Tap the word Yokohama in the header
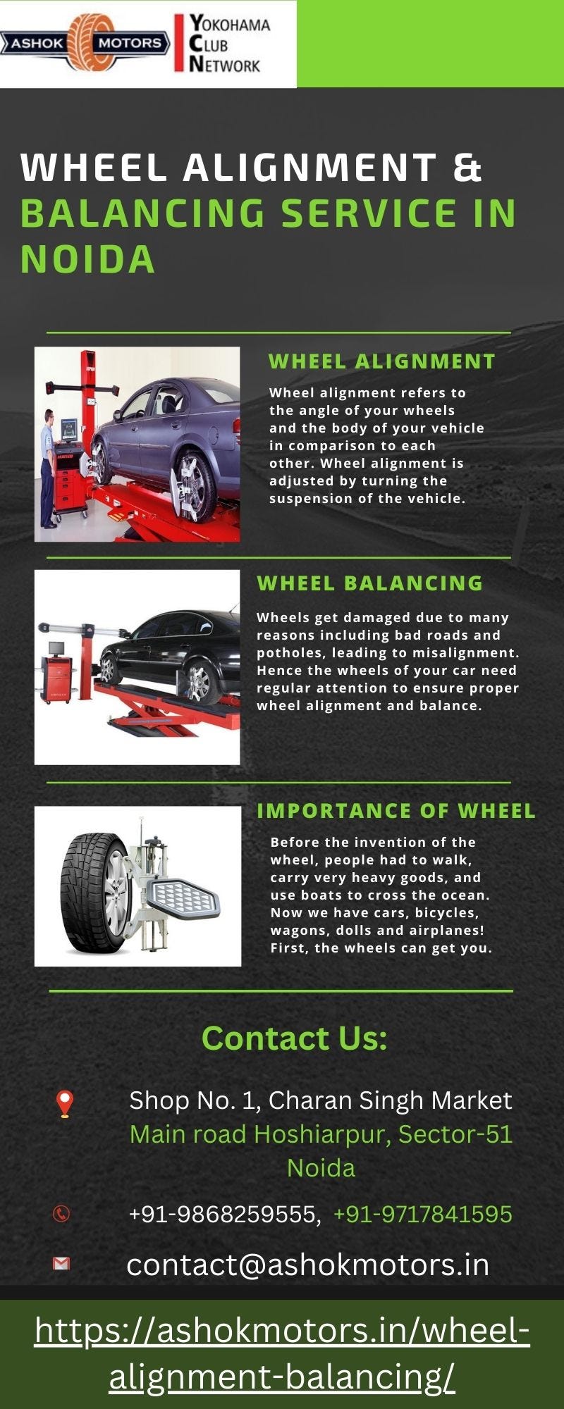point(229,25)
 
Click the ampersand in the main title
point(467,168)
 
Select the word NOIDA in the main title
point(87,259)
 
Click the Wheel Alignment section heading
point(382,361)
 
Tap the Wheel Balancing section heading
point(370,583)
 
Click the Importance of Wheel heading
point(396,811)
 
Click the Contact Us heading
point(294,1038)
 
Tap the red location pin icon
point(65,1103)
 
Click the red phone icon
point(62,1214)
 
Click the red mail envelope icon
point(61,1264)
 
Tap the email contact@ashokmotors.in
point(307,1265)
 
